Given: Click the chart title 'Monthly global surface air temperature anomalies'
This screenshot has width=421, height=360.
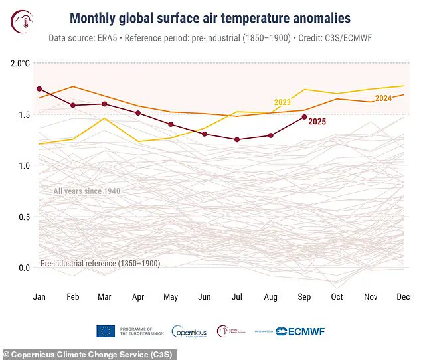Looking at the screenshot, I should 210,16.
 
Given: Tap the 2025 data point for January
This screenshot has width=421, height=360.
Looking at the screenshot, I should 40,89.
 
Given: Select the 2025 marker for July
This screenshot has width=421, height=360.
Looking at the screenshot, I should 238,139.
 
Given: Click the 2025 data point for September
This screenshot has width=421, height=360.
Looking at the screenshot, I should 304,117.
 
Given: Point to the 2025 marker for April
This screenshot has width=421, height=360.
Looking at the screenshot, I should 138,113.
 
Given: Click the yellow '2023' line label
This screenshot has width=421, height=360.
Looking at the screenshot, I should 282,102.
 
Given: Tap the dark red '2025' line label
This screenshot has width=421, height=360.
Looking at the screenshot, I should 317,121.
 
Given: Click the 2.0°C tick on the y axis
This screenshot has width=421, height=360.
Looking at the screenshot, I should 20,64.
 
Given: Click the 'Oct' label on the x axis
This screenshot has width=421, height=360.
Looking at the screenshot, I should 337,296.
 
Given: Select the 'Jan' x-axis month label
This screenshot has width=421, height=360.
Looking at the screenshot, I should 40,296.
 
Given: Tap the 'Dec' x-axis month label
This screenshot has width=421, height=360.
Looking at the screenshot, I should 402,296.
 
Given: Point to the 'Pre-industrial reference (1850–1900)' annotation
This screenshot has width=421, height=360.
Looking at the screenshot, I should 100,264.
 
